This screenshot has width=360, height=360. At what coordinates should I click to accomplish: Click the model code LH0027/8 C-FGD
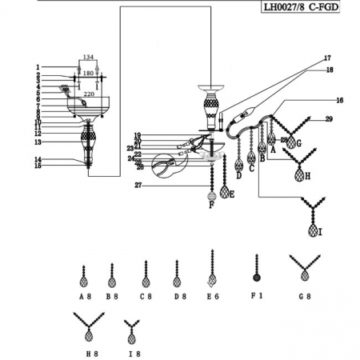pos(307,8)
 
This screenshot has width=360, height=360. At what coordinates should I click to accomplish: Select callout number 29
pos(328,119)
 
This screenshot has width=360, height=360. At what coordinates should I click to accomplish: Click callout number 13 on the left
pos(38,142)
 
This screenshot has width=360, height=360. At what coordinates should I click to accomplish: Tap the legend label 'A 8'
pos(85,295)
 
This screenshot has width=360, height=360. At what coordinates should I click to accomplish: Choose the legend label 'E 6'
pos(211,295)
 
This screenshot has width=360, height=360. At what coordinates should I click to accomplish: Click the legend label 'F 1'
pos(256,295)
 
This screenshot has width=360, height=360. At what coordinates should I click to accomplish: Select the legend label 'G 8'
pos(304,295)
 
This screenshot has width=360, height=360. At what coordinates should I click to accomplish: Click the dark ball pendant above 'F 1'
pos(256,277)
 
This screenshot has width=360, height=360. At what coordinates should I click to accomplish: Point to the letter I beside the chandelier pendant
pos(321,233)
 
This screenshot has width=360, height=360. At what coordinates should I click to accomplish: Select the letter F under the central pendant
pos(211,205)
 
